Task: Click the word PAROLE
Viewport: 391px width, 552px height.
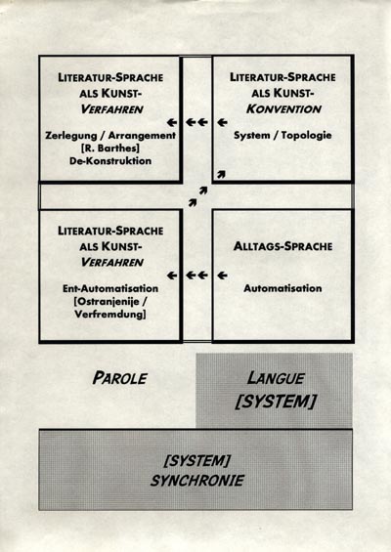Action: pyautogui.click(x=119, y=378)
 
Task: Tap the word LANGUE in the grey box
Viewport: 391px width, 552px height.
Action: pyautogui.click(x=276, y=378)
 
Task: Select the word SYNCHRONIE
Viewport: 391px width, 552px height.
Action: pyautogui.click(x=196, y=481)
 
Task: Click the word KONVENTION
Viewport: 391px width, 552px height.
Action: pyautogui.click(x=283, y=108)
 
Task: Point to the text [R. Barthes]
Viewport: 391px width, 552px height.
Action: pyautogui.click(x=110, y=149)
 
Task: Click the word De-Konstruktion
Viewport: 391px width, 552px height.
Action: pyautogui.click(x=110, y=161)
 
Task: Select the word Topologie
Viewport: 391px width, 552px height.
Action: pyautogui.click(x=307, y=135)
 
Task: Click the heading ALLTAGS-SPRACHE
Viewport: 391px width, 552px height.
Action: pyautogui.click(x=282, y=246)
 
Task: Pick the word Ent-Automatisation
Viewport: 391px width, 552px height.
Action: pyautogui.click(x=110, y=288)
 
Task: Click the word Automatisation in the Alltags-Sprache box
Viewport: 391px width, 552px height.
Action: pyautogui.click(x=282, y=288)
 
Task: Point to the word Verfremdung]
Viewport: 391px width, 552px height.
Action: pyautogui.click(x=110, y=314)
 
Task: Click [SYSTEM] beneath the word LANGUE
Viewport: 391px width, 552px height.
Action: pyautogui.click(x=276, y=402)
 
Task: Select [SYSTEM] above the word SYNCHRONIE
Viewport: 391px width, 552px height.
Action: pyautogui.click(x=196, y=460)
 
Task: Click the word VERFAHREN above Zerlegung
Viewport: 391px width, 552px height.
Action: pyautogui.click(x=112, y=109)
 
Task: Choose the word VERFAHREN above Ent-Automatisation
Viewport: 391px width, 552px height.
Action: pyautogui.click(x=112, y=262)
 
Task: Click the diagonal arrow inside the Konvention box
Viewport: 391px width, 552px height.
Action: pyautogui.click(x=221, y=174)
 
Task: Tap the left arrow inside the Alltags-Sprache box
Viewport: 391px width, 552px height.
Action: pyautogui.click(x=222, y=276)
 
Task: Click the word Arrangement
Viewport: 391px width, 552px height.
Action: pyautogui.click(x=142, y=136)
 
